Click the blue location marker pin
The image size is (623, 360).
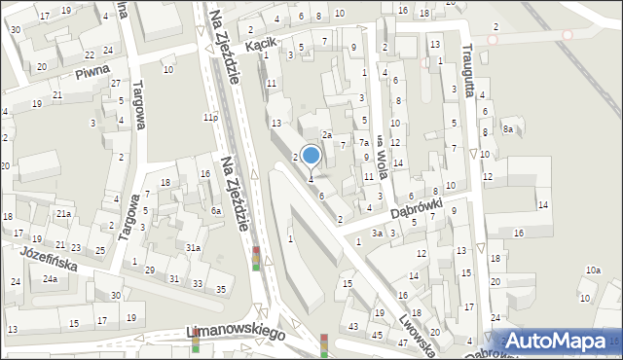[x=311, y=156]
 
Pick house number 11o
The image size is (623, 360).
[x=209, y=118]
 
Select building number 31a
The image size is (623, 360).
[x=194, y=248]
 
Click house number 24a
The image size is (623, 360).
[x=49, y=279]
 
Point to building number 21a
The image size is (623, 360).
[x=63, y=213]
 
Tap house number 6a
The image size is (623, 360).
[x=216, y=210]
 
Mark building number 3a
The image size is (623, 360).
[x=377, y=234]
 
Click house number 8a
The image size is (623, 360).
[x=508, y=128]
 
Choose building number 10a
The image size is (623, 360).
[x=593, y=270]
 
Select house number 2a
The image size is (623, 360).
[x=328, y=135]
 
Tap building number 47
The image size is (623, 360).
[x=402, y=342]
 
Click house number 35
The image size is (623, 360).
[x=222, y=289]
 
